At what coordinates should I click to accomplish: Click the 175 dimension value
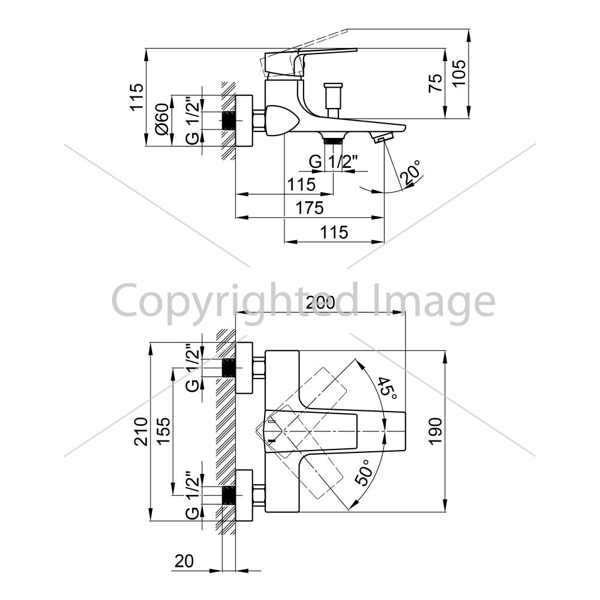pyautogui.click(x=310, y=208)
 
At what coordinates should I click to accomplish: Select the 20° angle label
pyautogui.click(x=410, y=172)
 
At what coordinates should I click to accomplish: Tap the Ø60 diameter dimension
pyautogui.click(x=162, y=119)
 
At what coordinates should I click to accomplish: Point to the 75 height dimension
pyautogui.click(x=436, y=83)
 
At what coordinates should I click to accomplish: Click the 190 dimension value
pyautogui.click(x=436, y=431)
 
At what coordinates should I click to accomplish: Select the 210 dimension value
pyautogui.click(x=141, y=431)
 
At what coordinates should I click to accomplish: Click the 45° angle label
pyautogui.click(x=386, y=388)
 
